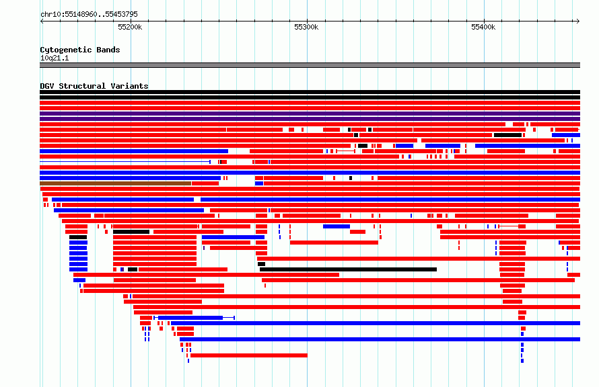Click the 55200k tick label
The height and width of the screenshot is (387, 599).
pos(130,27)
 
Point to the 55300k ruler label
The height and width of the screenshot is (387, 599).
pos(306,27)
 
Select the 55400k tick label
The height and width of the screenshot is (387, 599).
pos(483,27)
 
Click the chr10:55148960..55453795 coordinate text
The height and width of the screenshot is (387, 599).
pos(89,15)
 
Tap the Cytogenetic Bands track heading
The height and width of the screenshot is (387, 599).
pos(80,50)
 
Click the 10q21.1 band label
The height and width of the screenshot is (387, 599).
pos(55,58)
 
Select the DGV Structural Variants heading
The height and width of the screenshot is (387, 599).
pos(94,86)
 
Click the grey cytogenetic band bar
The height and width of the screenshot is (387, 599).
pos(310,65)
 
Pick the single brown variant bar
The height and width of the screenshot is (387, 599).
pos(115,183)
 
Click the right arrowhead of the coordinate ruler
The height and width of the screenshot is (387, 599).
pos(578,21)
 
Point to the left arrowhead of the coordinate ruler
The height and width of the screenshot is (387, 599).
pos(42,21)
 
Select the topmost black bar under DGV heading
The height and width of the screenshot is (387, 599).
pos(310,92)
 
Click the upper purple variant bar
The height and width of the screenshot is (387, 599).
pos(310,114)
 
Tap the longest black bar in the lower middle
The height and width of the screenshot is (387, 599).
pos(348,269)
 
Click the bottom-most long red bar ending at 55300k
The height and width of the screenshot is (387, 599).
pos(249,355)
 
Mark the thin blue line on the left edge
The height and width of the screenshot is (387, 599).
pos(125,162)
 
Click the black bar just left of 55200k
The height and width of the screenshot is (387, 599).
pos(131,232)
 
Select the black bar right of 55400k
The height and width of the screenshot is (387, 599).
pos(507,135)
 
